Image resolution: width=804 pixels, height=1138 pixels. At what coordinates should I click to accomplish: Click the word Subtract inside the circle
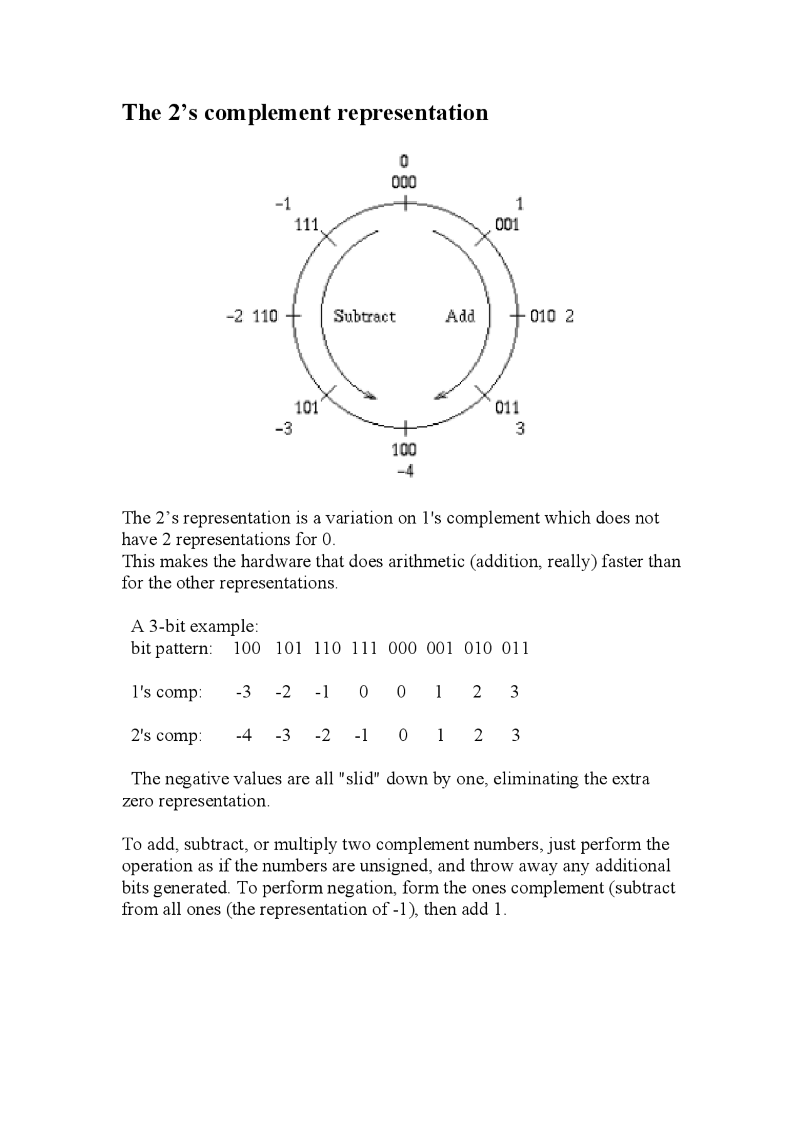(364, 316)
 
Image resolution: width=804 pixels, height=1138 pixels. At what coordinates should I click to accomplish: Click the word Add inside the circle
(460, 316)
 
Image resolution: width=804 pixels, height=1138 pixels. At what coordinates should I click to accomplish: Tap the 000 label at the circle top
(404, 182)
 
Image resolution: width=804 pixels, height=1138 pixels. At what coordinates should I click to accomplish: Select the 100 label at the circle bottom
(404, 450)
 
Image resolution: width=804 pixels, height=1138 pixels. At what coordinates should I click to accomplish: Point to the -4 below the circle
(405, 471)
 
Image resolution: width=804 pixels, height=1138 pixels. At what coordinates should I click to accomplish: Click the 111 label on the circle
(307, 224)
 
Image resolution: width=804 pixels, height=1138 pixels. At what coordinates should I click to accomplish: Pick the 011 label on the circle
(507, 408)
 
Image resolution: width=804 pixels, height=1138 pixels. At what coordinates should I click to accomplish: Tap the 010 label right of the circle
(543, 316)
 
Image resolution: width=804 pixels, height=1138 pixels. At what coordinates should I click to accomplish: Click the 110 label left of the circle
(264, 316)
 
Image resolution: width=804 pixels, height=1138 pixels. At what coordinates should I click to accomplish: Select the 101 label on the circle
(307, 408)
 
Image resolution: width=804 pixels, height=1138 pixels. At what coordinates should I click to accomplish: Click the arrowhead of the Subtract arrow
(371, 396)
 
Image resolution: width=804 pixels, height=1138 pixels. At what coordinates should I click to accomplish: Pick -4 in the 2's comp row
(244, 735)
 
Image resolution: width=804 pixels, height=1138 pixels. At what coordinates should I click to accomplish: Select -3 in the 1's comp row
(244, 692)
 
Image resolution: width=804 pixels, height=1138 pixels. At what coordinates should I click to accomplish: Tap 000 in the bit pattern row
(402, 648)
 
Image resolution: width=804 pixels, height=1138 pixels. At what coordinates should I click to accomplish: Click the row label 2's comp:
(166, 735)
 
